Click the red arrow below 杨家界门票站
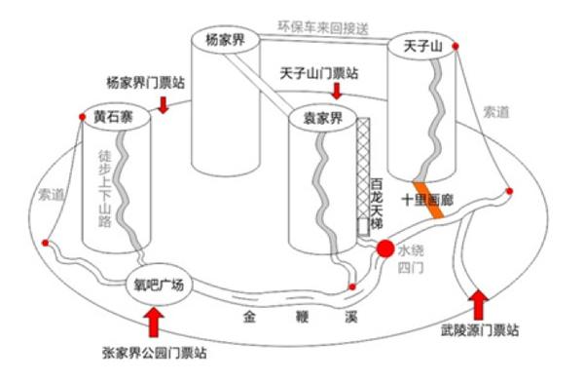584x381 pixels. point(162,101)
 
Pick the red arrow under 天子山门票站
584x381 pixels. point(337,91)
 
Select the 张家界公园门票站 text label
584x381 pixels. point(154,351)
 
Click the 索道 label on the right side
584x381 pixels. point(495,111)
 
